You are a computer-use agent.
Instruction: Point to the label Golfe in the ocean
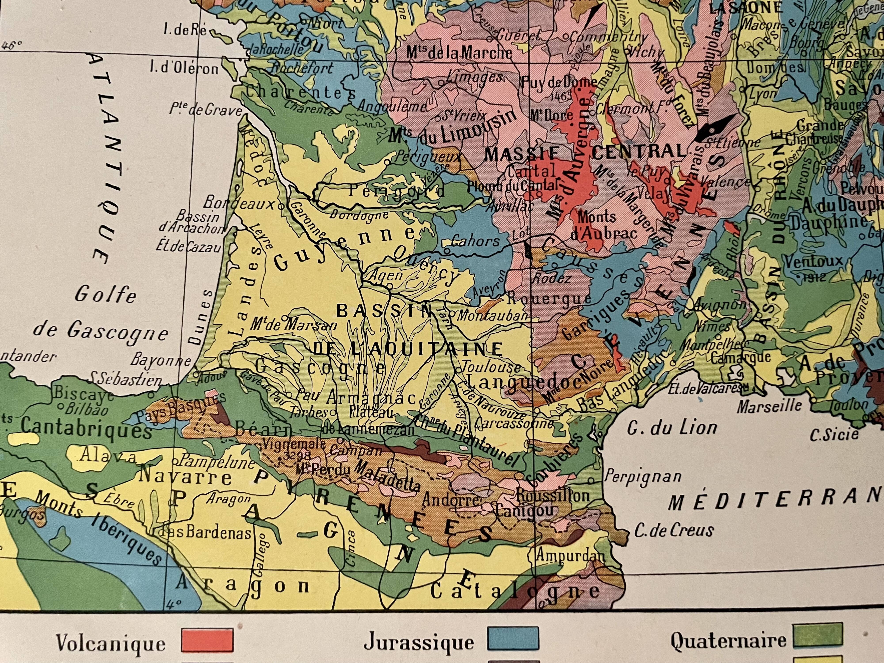click(x=105, y=295)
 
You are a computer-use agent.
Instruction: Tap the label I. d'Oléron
click(x=184, y=69)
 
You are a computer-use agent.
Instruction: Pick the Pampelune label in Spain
click(x=218, y=462)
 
